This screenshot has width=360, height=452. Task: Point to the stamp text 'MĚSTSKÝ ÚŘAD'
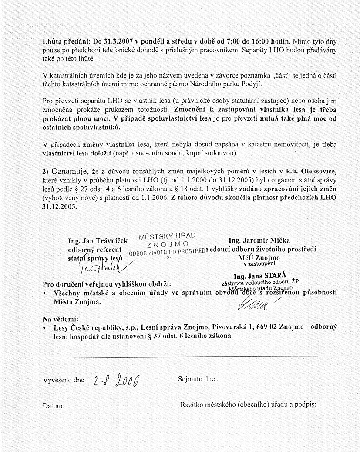(x=167, y=236)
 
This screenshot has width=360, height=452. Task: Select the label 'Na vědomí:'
(x=60, y=318)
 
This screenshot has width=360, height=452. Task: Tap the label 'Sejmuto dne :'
(x=198, y=379)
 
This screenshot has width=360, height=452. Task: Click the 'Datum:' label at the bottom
(x=54, y=406)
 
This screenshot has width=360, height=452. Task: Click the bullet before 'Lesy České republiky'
(x=45, y=327)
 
